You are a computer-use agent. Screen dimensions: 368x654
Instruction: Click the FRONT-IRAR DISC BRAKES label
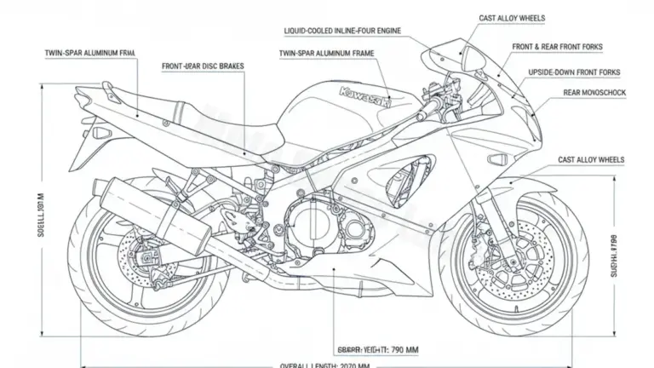(201, 65)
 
